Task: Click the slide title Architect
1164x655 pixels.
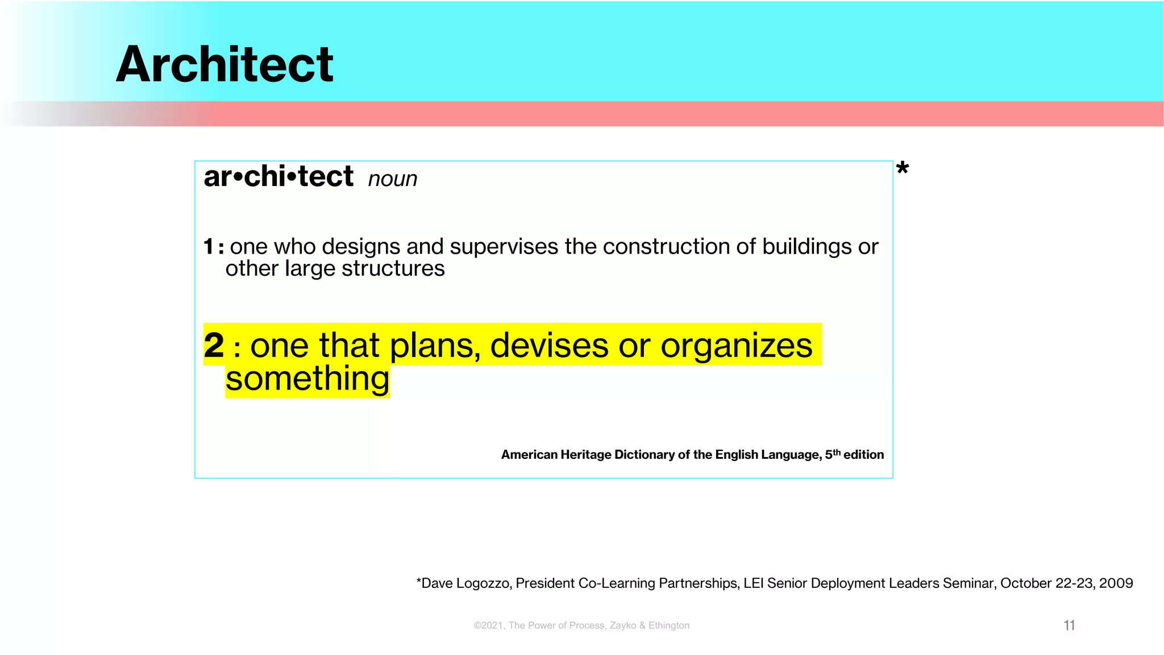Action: coord(225,64)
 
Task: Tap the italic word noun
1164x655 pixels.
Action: coord(392,179)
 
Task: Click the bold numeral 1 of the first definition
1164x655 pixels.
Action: coord(209,247)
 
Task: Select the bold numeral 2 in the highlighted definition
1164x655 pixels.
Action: coord(214,345)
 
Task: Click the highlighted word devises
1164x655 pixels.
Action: coord(549,345)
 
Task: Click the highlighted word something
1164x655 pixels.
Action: coord(307,379)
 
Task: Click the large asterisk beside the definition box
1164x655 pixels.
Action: coord(902,169)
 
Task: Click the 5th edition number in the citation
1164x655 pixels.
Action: coord(832,454)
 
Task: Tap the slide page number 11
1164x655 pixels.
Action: coord(1069,625)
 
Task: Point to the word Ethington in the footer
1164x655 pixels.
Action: coord(669,625)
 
